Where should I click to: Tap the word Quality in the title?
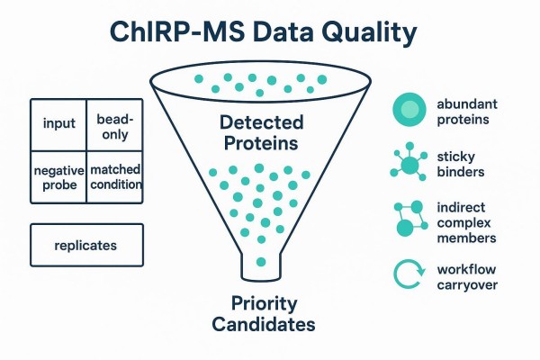pyautogui.click(x=369, y=33)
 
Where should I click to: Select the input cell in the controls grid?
pyautogui.click(x=59, y=123)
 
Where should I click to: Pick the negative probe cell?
pyautogui.click(x=58, y=175)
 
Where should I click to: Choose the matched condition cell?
pyautogui.click(x=115, y=175)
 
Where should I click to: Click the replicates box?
pyautogui.click(x=85, y=244)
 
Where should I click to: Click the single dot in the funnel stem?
pyautogui.click(x=259, y=262)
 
